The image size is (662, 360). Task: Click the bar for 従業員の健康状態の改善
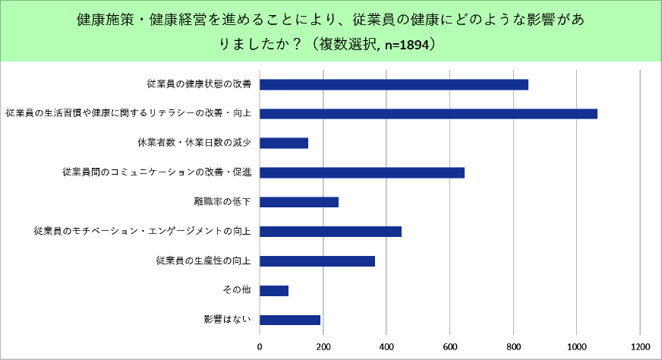tap(394, 84)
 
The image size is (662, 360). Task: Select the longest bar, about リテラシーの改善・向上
tap(428, 114)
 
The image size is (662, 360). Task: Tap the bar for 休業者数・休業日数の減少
tap(284, 143)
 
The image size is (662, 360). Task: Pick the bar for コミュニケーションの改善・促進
tap(362, 172)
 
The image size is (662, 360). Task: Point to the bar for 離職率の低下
tap(299, 202)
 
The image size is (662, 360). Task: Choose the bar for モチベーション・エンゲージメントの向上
tap(330, 232)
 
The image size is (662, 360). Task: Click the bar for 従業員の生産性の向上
tap(317, 261)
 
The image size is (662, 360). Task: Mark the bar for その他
tap(274, 291)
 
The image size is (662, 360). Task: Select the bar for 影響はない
tap(290, 320)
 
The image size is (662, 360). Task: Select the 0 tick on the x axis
tap(260, 347)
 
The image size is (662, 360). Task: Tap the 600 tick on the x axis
tap(450, 347)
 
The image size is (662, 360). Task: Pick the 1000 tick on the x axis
tap(577, 347)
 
